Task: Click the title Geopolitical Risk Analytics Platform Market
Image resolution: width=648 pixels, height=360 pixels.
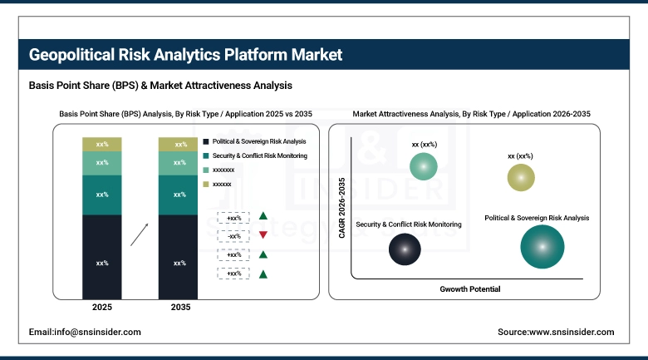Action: tap(185, 55)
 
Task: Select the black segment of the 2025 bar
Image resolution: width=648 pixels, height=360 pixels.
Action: tap(102, 262)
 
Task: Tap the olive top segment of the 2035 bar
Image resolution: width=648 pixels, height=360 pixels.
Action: tap(179, 145)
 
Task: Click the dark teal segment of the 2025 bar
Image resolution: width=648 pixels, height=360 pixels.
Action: tap(102, 195)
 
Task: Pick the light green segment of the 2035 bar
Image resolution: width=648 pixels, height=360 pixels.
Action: tap(179, 163)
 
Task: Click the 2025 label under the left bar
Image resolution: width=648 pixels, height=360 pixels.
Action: tap(102, 307)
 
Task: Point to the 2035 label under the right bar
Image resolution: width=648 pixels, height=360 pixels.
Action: tap(179, 307)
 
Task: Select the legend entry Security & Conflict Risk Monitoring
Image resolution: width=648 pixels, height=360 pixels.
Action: tap(259, 156)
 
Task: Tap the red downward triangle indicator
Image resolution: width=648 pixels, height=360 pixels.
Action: tap(263, 236)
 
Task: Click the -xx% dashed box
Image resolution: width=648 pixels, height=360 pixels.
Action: tap(233, 236)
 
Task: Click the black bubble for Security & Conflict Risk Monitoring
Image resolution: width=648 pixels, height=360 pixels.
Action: tap(405, 247)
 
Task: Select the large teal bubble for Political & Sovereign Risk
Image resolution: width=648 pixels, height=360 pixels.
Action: tap(542, 247)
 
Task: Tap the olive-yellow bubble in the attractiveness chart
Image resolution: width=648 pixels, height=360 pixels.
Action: tap(520, 177)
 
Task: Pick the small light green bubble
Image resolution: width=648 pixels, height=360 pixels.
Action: tap(425, 167)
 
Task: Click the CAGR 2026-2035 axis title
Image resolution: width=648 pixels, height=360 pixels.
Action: tap(342, 207)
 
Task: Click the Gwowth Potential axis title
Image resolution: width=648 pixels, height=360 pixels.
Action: tap(469, 289)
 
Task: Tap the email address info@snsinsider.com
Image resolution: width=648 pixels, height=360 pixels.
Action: tap(85, 332)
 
